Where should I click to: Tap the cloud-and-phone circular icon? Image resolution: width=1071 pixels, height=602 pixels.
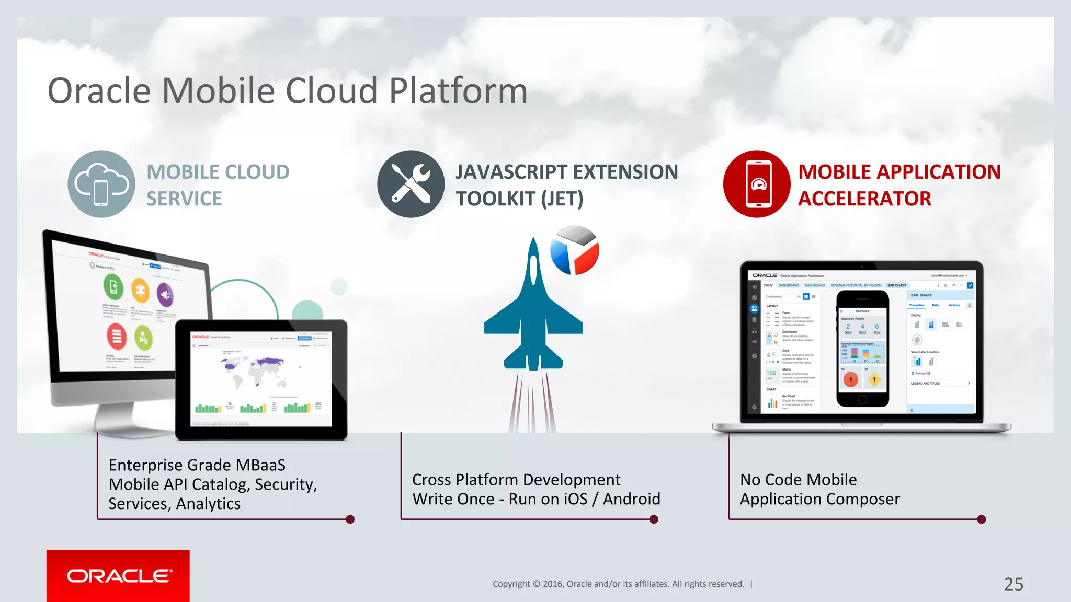tap(101, 184)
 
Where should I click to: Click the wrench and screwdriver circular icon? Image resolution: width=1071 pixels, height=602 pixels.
tap(411, 184)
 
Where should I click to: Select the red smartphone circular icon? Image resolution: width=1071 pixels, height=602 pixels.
tap(757, 184)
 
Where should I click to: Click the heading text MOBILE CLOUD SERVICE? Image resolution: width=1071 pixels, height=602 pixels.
tap(218, 185)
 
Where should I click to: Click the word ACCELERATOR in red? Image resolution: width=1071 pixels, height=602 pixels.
tap(864, 199)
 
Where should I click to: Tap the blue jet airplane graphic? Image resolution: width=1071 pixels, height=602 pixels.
tap(533, 314)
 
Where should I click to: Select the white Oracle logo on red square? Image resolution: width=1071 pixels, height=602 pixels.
tap(118, 576)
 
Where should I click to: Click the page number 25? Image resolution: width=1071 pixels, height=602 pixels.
tap(1013, 584)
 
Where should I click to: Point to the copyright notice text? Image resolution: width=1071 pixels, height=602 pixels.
tap(618, 584)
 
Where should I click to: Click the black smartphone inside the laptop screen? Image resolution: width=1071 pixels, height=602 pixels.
tap(862, 349)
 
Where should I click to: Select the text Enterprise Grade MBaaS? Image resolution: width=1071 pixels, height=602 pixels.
tap(197, 465)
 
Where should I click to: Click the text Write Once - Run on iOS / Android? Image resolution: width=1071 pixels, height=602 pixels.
tap(535, 499)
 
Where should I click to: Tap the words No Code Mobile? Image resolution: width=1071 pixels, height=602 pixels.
tap(798, 480)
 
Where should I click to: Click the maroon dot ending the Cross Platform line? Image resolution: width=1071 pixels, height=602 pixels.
tap(654, 519)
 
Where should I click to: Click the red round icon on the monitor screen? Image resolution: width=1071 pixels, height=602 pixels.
tap(117, 335)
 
